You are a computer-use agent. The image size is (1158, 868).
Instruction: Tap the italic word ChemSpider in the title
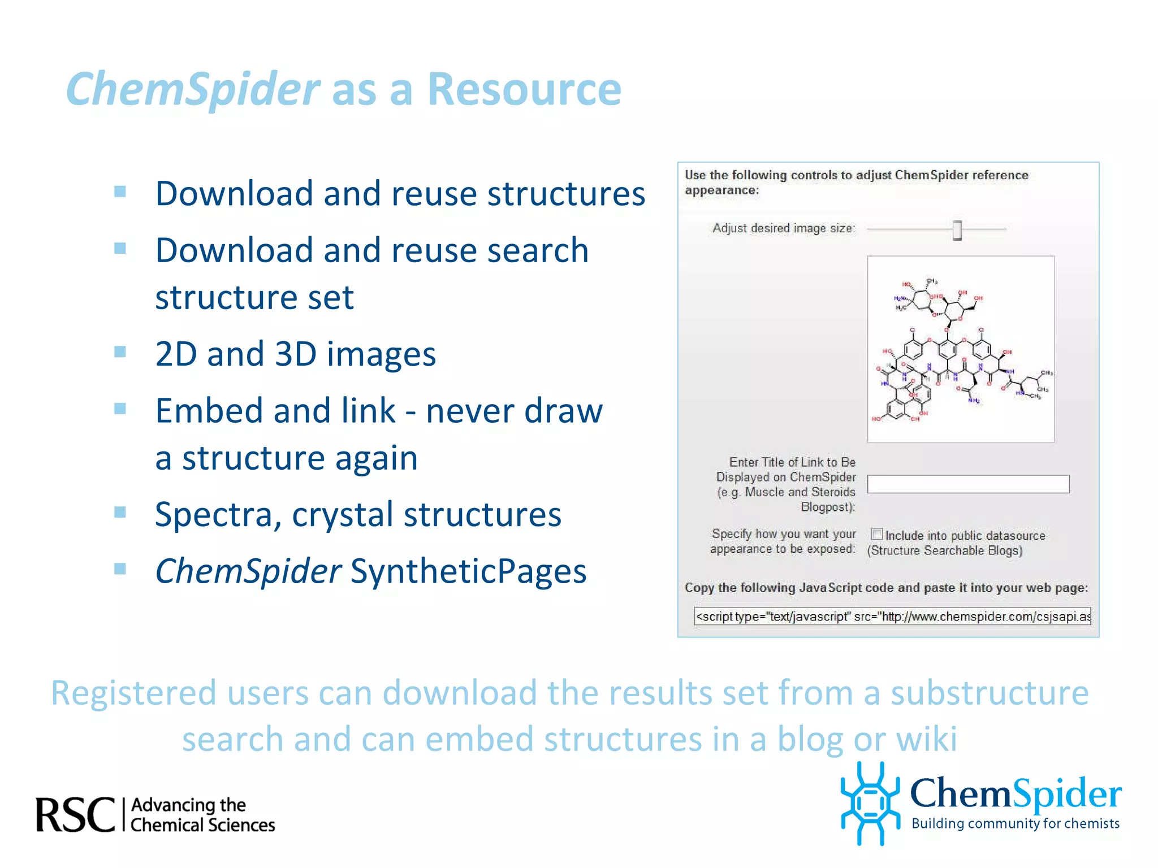click(x=193, y=89)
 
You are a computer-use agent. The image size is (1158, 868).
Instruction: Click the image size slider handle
click(x=957, y=230)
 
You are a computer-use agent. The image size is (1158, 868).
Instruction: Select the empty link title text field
click(x=968, y=484)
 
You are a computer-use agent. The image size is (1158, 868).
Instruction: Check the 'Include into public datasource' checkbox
click(x=877, y=534)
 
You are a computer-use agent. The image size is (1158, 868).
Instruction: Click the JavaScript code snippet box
click(x=892, y=617)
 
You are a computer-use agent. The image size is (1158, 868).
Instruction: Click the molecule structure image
click(x=961, y=349)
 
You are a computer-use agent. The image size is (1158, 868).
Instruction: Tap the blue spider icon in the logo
click(x=870, y=802)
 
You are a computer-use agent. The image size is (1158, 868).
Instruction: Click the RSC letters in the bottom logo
click(x=75, y=815)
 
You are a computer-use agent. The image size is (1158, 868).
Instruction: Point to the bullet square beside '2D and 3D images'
click(x=120, y=352)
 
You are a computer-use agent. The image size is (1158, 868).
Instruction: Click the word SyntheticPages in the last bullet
click(x=468, y=571)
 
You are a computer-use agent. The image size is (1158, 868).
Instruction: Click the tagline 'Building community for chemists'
click(x=1015, y=824)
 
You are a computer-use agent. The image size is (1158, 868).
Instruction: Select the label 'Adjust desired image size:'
click(x=783, y=228)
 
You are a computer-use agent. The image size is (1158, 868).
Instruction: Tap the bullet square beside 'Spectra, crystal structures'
click(x=120, y=512)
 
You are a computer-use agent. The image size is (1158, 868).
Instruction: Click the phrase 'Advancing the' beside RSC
click(x=188, y=805)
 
